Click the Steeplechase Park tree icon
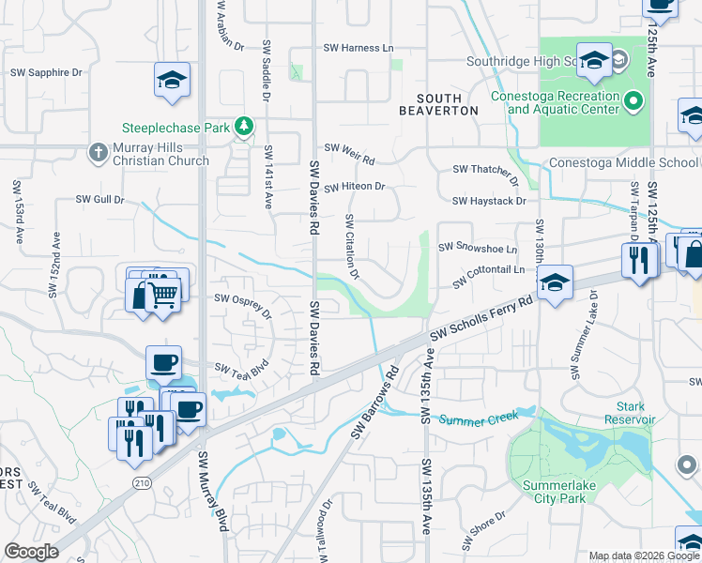[x=244, y=127]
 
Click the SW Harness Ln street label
[x=359, y=48]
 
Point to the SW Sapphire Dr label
[x=46, y=71]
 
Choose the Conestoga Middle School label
[x=623, y=161]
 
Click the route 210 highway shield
[x=142, y=482]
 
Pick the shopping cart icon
[x=164, y=296]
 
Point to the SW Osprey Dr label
[x=242, y=304]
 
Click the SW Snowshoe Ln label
[x=478, y=250]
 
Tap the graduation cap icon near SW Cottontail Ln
[x=555, y=281]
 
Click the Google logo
[x=31, y=552]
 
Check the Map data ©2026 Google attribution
[x=643, y=555]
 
